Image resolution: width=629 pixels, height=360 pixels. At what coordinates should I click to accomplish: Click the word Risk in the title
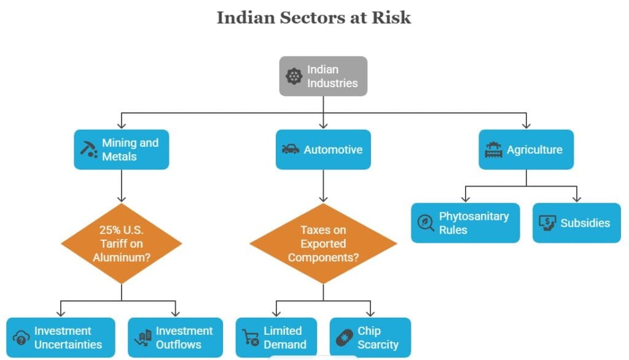tap(391, 18)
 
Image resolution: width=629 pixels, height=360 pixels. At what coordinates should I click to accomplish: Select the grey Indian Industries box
tap(323, 76)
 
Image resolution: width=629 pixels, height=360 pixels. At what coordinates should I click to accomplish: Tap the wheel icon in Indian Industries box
tap(294, 76)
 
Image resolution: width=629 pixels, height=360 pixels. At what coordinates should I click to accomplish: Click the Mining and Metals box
tap(122, 149)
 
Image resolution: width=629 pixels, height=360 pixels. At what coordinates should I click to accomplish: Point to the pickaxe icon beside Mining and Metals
tap(88, 149)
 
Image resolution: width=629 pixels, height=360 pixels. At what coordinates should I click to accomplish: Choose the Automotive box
tap(323, 149)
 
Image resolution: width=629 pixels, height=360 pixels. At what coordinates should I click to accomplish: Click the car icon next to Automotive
tap(291, 149)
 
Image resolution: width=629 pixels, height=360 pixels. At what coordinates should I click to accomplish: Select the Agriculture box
tap(526, 149)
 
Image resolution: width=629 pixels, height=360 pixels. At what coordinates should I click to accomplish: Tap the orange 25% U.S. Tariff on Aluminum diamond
tap(122, 244)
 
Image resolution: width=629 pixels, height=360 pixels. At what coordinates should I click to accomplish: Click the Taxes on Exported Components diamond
tap(323, 244)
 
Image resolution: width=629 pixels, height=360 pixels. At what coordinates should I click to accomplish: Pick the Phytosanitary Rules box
tap(466, 223)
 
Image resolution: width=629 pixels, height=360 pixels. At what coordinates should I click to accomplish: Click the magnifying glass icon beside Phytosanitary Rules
tap(426, 223)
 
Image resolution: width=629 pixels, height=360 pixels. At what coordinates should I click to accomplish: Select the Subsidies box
tap(577, 223)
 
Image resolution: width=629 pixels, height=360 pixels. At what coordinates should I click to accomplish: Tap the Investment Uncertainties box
tap(61, 337)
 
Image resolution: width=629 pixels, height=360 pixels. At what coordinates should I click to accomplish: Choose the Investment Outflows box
tap(175, 337)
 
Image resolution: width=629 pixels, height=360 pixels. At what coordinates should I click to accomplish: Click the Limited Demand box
tap(276, 337)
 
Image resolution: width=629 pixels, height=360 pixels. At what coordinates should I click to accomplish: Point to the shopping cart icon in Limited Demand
tap(251, 337)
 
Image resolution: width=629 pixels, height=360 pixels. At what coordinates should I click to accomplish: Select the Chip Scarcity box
tap(370, 337)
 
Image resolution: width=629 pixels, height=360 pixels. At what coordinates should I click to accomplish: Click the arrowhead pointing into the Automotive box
tap(323, 126)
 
